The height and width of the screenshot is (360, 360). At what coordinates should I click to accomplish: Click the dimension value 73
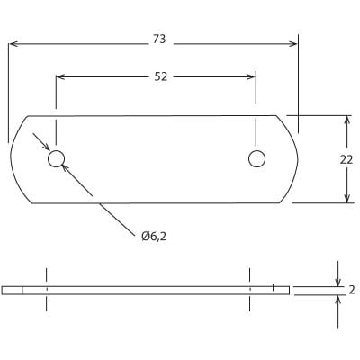[x=159, y=40]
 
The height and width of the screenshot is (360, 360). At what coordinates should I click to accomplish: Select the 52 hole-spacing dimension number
[x=159, y=76]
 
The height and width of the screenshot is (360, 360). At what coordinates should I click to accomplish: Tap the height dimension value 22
[x=346, y=158]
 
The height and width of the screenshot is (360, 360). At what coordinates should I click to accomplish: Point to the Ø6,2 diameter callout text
[x=155, y=236]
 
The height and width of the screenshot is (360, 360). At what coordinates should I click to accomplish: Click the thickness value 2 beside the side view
[x=351, y=290]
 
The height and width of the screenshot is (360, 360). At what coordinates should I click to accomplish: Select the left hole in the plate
[x=57, y=159]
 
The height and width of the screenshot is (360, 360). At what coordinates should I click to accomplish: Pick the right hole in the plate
[x=257, y=159]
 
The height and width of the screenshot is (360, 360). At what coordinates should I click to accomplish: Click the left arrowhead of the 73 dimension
[x=13, y=41]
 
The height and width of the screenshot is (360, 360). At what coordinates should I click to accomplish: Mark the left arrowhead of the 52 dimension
[x=61, y=77]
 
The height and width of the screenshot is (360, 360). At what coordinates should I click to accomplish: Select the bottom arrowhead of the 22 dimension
[x=347, y=199]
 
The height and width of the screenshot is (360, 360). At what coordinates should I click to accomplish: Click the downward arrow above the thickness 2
[x=338, y=280]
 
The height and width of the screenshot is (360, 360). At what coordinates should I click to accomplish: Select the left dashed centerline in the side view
[x=46, y=290]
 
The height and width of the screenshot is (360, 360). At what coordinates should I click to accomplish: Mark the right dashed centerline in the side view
[x=250, y=290]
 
